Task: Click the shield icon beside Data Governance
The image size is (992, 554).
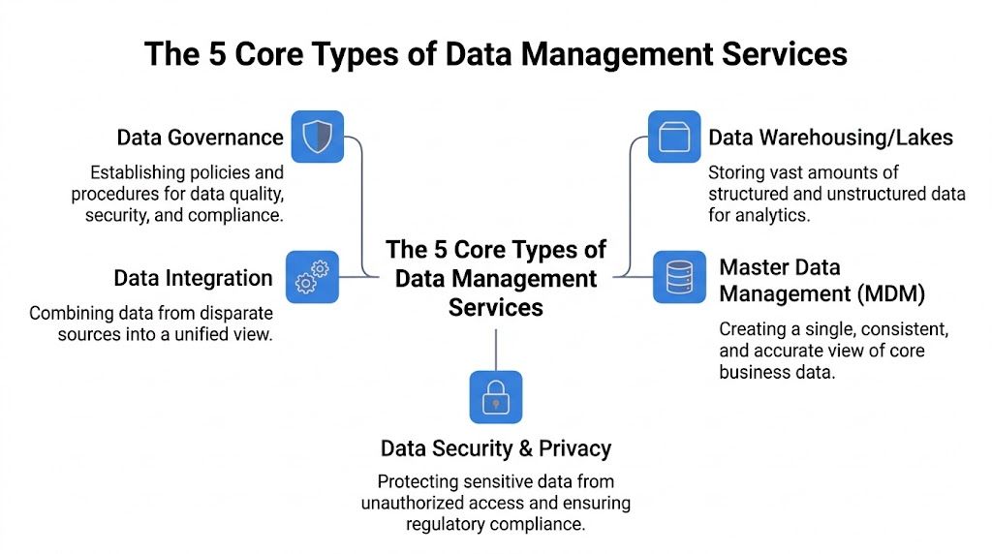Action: click(318, 137)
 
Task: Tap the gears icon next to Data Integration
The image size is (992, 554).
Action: click(312, 277)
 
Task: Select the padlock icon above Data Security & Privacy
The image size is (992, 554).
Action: click(496, 396)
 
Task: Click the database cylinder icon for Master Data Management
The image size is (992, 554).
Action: click(679, 277)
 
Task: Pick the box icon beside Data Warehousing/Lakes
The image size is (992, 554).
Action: click(673, 137)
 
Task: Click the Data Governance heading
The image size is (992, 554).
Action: click(201, 138)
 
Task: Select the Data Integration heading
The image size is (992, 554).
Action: click(193, 279)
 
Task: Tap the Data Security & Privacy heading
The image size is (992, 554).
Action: click(496, 448)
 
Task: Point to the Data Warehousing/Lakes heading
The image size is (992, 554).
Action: click(830, 138)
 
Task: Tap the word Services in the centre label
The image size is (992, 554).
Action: click(496, 308)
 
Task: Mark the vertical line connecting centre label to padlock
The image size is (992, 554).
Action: click(496, 347)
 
